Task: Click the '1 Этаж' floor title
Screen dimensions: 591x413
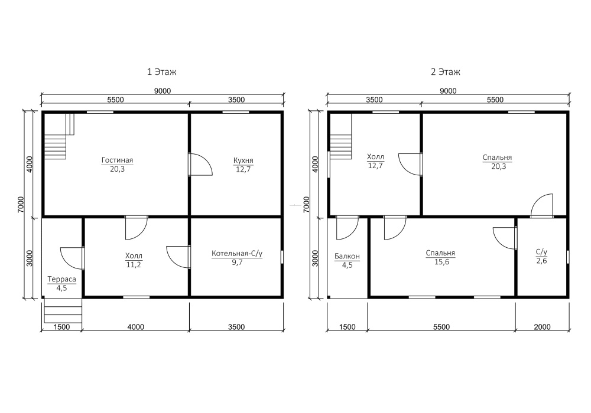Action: click(x=162, y=71)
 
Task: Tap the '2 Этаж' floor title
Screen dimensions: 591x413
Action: click(x=446, y=71)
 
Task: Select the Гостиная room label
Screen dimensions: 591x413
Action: click(x=117, y=160)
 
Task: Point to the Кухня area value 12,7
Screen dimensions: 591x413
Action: click(x=243, y=169)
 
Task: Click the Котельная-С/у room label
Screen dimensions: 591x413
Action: click(x=237, y=254)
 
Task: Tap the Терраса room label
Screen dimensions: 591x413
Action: click(x=62, y=279)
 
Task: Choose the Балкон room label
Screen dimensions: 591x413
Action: click(x=347, y=256)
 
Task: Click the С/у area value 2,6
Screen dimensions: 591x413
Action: click(x=541, y=261)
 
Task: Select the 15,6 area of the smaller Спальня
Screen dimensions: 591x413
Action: click(x=441, y=262)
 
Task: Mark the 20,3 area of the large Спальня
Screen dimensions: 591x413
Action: click(x=499, y=166)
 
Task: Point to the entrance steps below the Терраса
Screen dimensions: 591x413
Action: click(x=63, y=310)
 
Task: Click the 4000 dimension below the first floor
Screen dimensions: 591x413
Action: click(x=136, y=327)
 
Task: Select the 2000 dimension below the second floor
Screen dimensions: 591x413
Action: click(x=542, y=327)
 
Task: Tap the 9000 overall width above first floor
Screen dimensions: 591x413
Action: click(x=163, y=91)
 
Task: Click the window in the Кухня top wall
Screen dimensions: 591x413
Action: click(x=236, y=112)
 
